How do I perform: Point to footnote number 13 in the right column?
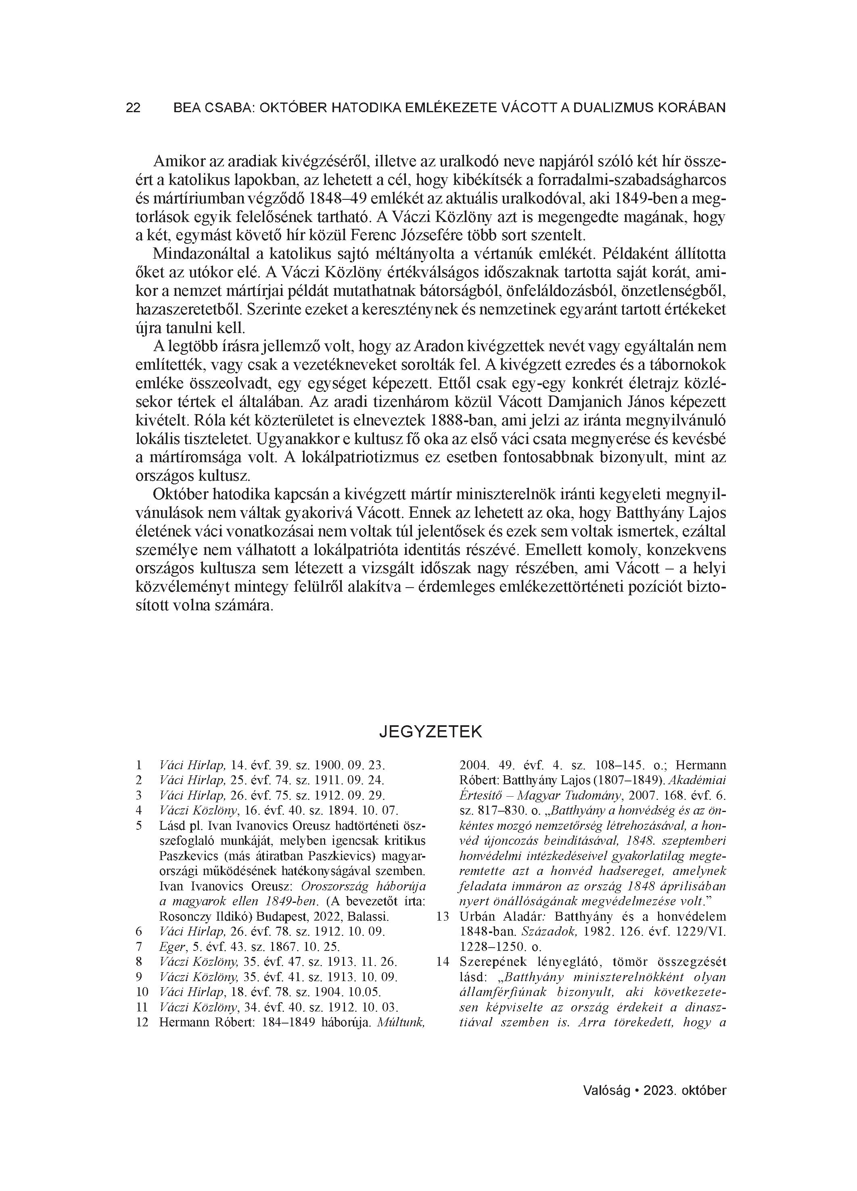(x=443, y=917)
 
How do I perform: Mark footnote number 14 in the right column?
(x=443, y=963)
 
